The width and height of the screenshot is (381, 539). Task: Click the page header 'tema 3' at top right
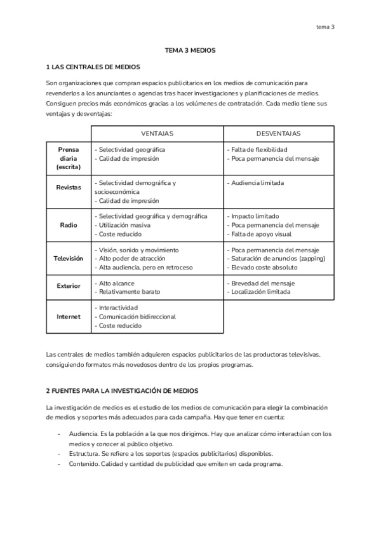pos(325,27)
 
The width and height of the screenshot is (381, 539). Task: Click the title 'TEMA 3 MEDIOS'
pos(190,50)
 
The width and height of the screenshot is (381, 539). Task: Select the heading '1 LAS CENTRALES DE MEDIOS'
pos(93,67)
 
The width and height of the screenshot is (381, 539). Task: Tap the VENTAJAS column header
pos(157,133)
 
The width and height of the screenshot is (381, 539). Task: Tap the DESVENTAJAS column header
pos(278,133)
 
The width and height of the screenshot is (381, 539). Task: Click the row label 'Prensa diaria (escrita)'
pos(69,158)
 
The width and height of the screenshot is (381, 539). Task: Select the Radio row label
pos(69,225)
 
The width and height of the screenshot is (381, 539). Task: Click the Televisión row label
pos(69,259)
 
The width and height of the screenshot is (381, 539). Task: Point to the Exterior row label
pos(69,286)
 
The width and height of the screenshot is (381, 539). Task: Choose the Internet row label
pos(69,317)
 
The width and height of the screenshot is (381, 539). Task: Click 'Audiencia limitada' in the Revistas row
pos(255,183)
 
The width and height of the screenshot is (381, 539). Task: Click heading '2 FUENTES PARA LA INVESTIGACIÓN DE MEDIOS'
pos(123,390)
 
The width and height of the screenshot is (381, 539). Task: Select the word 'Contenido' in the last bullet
pos(84,463)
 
